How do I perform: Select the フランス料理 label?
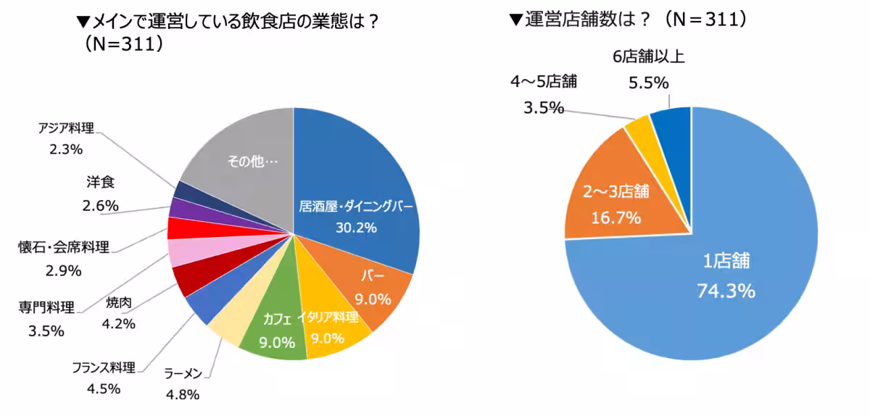[103, 367]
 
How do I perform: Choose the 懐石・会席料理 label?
[63, 248]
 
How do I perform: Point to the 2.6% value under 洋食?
[100, 206]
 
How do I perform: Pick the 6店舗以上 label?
[649, 57]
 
